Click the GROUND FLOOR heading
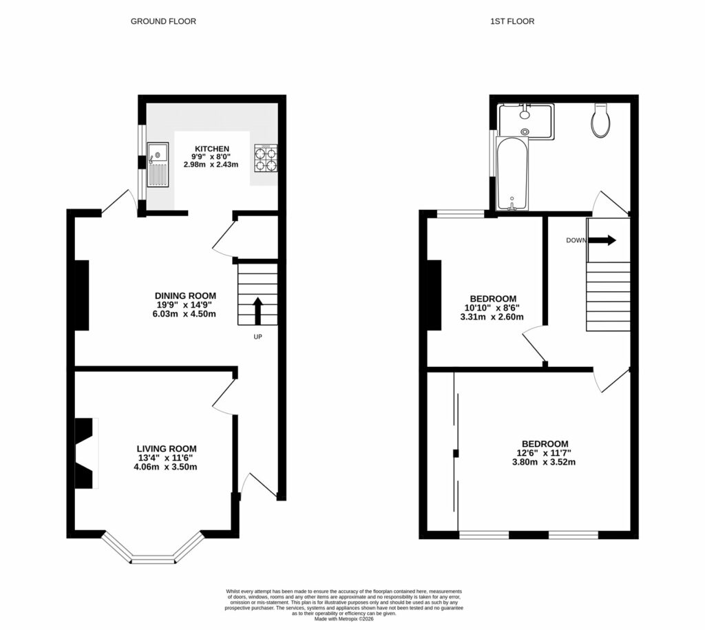[163, 21]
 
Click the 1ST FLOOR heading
[512, 21]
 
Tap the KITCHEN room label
[211, 149]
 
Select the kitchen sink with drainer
[157, 164]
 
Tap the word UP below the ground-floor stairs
[257, 337]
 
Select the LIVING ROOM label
[171, 449]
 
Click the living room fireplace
[83, 453]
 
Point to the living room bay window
[154, 552]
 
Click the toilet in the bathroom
[601, 121]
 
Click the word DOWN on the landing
[576, 240]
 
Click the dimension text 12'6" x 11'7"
[545, 453]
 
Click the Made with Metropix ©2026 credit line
[344, 619]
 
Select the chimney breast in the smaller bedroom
[434, 295]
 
